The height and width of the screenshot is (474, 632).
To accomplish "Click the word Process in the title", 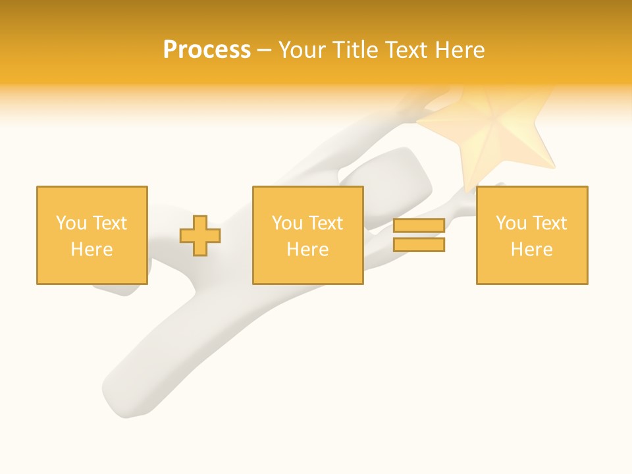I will [207, 50].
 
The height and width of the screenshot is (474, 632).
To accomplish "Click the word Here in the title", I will [461, 50].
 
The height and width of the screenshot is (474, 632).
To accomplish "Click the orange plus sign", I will [200, 236].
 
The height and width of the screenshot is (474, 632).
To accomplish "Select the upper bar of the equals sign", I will [419, 226].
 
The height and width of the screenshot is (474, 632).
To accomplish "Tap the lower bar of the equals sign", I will [419, 244].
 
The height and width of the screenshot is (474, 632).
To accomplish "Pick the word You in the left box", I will [71, 223].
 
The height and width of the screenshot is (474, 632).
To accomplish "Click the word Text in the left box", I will [109, 223].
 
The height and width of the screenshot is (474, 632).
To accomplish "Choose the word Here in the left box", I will [92, 250].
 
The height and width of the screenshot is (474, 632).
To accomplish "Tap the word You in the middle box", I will [287, 223].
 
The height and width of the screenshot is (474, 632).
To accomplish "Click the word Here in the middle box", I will [307, 250].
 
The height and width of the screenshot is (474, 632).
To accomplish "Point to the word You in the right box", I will [511, 223].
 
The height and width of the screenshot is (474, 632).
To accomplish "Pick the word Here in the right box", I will [531, 250].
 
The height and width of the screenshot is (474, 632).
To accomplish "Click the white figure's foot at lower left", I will [125, 395].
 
